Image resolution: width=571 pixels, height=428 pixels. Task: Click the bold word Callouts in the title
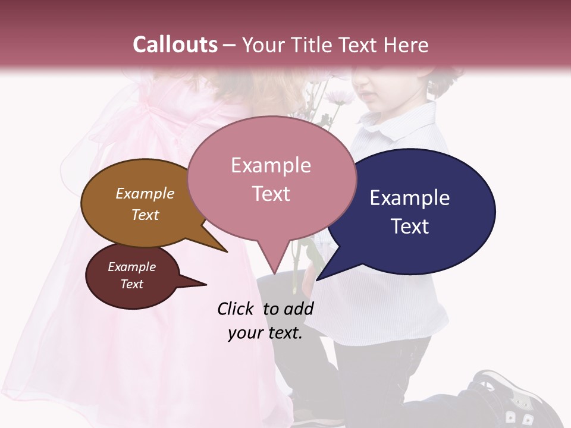pyautogui.click(x=175, y=45)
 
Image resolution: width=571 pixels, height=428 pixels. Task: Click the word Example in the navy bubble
pyautogui.click(x=409, y=198)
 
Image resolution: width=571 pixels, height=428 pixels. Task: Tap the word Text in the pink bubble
pyautogui.click(x=271, y=194)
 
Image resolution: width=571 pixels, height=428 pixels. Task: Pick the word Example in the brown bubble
pyautogui.click(x=145, y=194)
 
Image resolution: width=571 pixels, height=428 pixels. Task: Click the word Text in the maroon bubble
pyautogui.click(x=132, y=284)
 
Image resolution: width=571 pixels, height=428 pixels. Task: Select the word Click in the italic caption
pyautogui.click(x=236, y=309)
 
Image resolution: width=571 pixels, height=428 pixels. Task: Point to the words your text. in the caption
pyautogui.click(x=265, y=333)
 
